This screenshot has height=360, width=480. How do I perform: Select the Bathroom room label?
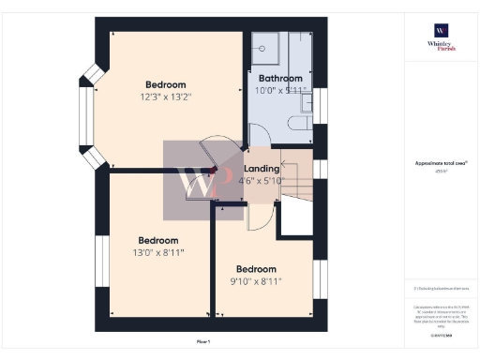click(280, 78)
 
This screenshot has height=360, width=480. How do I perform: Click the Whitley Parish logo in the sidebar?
click(441, 37)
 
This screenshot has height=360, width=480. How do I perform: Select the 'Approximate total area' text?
click(441, 163)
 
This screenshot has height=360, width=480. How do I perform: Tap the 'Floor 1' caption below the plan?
click(203, 340)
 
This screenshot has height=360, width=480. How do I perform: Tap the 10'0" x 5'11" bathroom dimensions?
click(280, 91)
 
